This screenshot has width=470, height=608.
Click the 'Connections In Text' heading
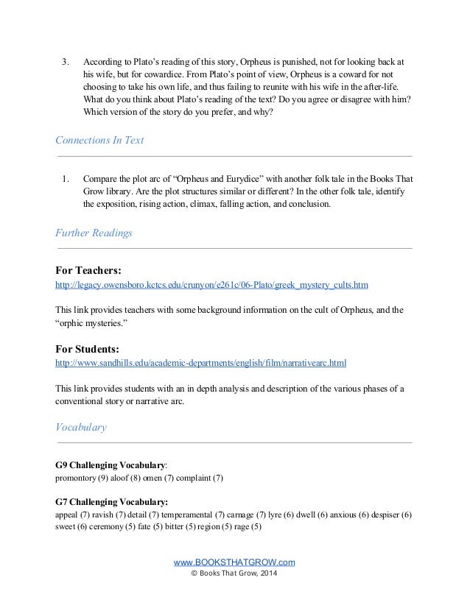point(99,141)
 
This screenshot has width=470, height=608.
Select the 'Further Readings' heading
point(94,233)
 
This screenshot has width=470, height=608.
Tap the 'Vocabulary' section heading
point(81,427)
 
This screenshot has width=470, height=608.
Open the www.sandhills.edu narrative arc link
point(201,363)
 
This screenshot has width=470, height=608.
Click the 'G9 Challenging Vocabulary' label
point(111,465)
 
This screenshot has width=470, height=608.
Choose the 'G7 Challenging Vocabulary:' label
point(112,501)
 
